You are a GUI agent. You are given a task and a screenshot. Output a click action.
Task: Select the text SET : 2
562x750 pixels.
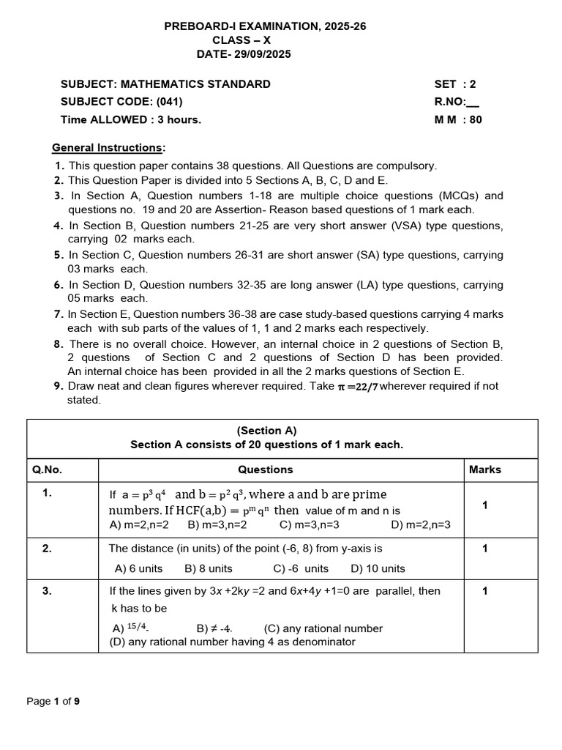point(454,84)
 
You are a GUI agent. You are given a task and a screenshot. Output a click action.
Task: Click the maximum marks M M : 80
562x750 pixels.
point(458,119)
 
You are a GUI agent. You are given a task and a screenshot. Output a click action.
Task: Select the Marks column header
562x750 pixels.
point(485,469)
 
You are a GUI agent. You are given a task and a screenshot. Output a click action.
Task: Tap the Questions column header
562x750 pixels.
point(265,469)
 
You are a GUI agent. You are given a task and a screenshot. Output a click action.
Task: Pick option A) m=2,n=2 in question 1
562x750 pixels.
point(139,524)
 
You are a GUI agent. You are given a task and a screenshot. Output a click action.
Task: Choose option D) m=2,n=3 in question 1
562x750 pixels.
point(421,524)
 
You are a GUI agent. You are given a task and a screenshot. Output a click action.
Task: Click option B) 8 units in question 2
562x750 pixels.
point(209,568)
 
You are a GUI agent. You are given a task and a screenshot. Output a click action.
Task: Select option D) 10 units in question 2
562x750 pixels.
point(378,568)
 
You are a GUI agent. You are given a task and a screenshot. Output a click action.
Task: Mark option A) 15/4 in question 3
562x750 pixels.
point(130,628)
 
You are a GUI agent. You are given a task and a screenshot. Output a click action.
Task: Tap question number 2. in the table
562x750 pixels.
point(47,548)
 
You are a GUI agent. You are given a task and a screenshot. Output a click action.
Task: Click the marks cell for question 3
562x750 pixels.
point(484,590)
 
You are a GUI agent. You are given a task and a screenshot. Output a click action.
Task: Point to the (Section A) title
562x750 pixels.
point(266,431)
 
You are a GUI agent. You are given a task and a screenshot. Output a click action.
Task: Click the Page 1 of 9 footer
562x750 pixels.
point(53,701)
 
